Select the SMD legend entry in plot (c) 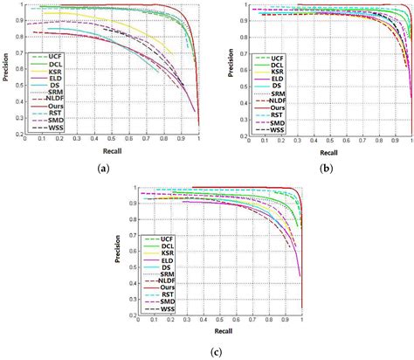click(163, 301)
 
